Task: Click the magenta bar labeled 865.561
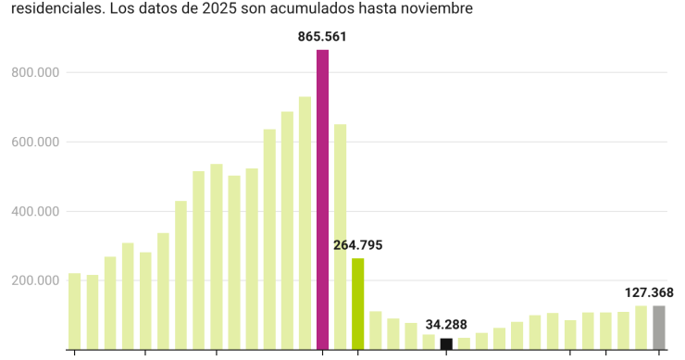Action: (322, 200)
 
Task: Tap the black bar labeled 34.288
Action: (446, 343)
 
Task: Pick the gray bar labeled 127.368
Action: (658, 327)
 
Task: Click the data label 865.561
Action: (322, 37)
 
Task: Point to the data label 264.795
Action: (357, 245)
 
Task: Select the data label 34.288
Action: (447, 325)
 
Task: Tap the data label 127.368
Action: (649, 292)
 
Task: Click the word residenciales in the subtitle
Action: (44, 8)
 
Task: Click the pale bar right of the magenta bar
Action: (340, 237)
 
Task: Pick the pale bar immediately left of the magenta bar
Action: (305, 223)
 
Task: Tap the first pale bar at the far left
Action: (75, 311)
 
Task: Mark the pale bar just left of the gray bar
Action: (641, 327)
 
